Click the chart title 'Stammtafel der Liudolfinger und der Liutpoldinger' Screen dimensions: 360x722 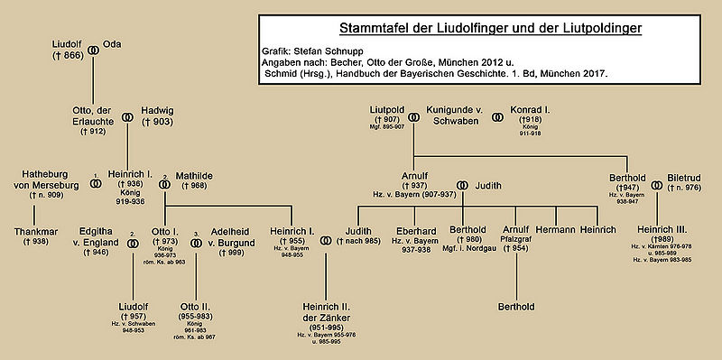coord(478,28)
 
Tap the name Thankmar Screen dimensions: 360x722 coord(36,230)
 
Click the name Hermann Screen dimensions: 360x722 coord(561,230)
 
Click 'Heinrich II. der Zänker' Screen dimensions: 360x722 coord(328,311)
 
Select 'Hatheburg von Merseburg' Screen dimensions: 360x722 coord(43,178)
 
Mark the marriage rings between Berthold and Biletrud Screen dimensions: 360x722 coord(656,185)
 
